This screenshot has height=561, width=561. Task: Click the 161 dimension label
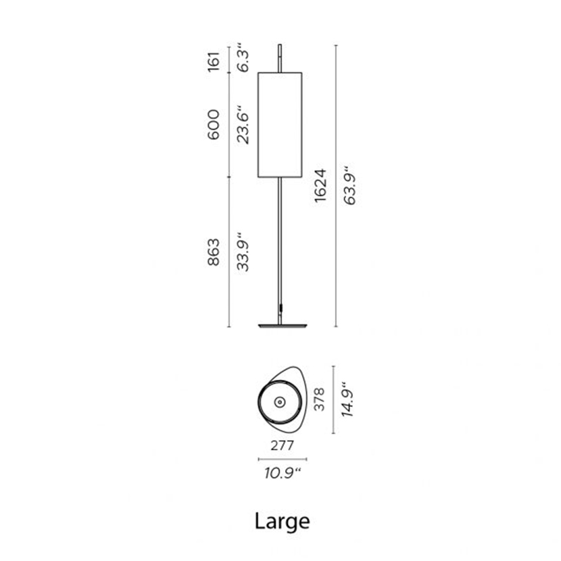pos(214,62)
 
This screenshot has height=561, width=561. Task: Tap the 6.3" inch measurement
pos(243,57)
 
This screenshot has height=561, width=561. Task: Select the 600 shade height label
pos(214,124)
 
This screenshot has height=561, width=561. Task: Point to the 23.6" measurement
pos(243,124)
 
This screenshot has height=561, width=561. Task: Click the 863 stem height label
pos(214,252)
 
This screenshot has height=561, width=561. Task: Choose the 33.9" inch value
pos(243,251)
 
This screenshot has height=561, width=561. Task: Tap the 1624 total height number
pos(320,186)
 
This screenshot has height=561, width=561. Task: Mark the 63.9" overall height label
pos(350,185)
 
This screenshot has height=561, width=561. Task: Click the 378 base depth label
pos(319,399)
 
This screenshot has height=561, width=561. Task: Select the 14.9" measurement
pos(347,399)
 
